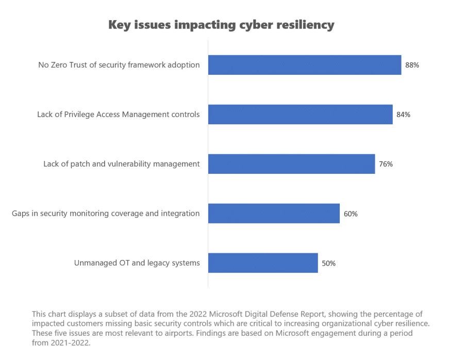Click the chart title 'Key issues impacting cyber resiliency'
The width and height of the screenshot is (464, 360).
221,25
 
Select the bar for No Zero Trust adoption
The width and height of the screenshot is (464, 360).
304,65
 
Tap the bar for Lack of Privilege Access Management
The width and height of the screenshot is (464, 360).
300,114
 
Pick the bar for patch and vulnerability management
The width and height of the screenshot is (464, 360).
291,164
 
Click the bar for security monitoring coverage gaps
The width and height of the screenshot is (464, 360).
274,214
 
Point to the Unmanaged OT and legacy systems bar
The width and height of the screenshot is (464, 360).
263,263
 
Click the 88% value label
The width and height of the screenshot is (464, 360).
412,66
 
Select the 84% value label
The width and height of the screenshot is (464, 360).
403,115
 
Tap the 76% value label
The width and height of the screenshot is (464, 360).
386,165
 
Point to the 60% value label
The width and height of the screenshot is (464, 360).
351,214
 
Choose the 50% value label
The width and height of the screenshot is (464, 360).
328,264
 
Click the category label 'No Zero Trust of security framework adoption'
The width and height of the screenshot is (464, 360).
119,65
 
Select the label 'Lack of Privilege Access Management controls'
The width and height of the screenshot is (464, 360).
118,114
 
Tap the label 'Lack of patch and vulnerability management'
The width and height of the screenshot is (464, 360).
121,164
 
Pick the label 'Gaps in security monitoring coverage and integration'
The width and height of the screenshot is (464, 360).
106,214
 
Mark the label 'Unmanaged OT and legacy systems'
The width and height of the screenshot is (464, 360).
137,263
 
